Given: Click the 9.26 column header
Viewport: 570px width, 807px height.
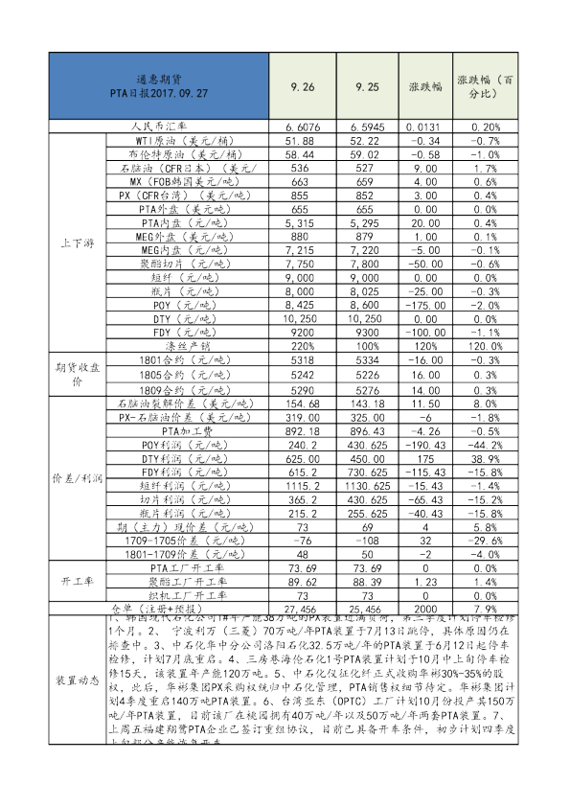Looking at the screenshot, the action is tap(303, 86).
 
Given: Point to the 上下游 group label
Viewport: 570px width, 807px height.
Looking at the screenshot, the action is tap(75, 242).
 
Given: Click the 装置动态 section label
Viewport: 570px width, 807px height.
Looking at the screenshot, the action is tap(75, 680).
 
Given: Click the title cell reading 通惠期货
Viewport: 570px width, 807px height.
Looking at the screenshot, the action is tap(159, 84).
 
